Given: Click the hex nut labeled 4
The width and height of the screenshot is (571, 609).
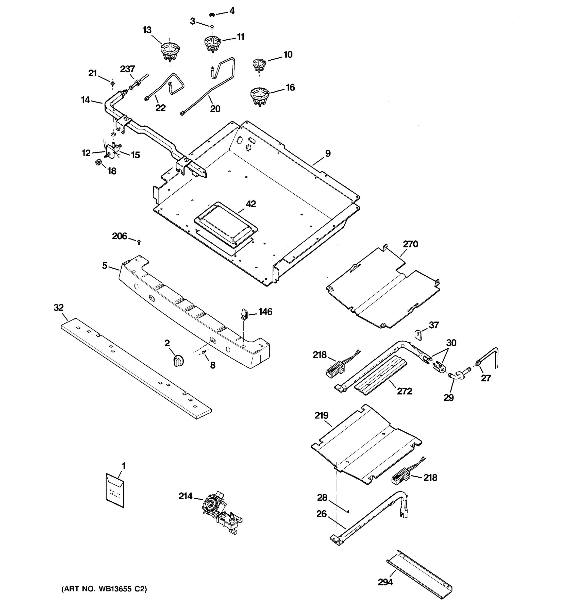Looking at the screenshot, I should click(211, 14).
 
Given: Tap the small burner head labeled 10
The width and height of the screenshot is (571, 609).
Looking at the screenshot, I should click(259, 65).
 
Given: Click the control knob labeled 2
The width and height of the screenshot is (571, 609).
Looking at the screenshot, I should click(179, 360).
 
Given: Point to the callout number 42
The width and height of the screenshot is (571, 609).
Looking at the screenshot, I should click(251, 204).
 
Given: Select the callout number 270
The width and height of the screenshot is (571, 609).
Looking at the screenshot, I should click(410, 244).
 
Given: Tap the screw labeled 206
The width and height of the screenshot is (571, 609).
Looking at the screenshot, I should click(139, 242).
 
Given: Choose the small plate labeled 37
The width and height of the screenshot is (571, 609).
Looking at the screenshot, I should click(418, 334).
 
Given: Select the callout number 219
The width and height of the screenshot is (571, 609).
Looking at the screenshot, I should click(321, 416).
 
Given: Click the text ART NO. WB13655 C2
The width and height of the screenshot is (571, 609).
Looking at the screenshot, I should click(104, 589).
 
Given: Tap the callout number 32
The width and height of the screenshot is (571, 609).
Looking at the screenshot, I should click(59, 308).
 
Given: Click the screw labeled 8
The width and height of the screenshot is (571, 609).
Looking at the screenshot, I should click(204, 353).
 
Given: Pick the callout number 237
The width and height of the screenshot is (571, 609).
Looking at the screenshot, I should click(127, 69).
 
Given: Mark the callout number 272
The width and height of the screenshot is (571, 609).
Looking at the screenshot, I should click(404, 391).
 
